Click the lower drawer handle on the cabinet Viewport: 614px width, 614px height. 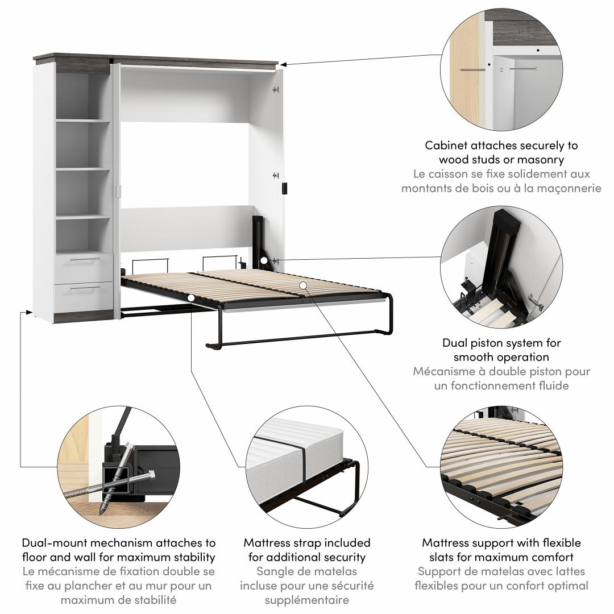coord(85,288)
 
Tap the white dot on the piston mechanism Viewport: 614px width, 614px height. coord(264,260)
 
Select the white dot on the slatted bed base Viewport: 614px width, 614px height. coord(302,285)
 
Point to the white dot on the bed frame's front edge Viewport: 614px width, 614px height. coord(190,298)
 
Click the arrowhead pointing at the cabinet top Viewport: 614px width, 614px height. coord(284,64)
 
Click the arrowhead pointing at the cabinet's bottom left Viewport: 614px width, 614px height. coord(28,312)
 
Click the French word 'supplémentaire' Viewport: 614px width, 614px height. coord(306,600)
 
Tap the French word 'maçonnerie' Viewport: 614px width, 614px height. coord(568,188)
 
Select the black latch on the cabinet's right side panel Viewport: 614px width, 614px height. coord(285,188)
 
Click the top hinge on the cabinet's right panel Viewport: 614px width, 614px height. coord(276,90)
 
